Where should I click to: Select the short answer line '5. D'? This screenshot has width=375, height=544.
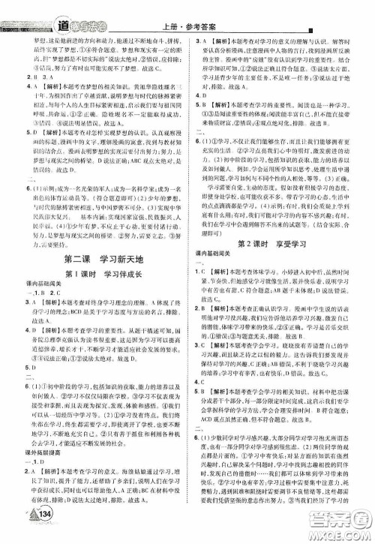pyautogui.click(x=29, y=368)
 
